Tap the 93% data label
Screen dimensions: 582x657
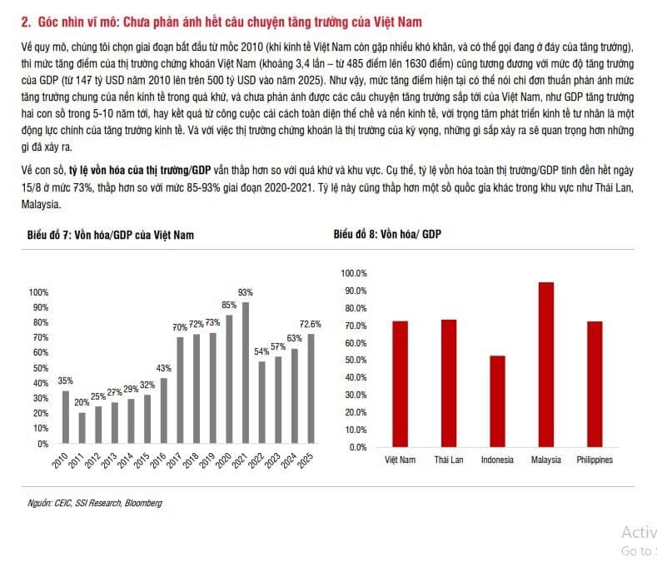(x=246, y=292)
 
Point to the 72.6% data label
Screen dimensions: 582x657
(x=311, y=323)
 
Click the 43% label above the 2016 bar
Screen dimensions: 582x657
(x=164, y=368)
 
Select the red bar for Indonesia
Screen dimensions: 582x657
(x=497, y=400)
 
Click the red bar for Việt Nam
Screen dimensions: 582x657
(x=401, y=384)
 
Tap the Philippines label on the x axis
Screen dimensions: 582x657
(x=595, y=460)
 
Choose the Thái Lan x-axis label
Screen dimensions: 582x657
(x=449, y=460)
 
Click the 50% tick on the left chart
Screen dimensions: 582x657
(x=40, y=368)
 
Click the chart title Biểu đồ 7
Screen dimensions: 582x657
(x=111, y=236)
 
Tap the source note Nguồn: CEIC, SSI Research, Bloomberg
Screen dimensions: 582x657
(x=95, y=503)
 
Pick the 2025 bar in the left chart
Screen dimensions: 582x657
(x=311, y=389)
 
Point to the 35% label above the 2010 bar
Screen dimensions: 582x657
(x=65, y=381)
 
